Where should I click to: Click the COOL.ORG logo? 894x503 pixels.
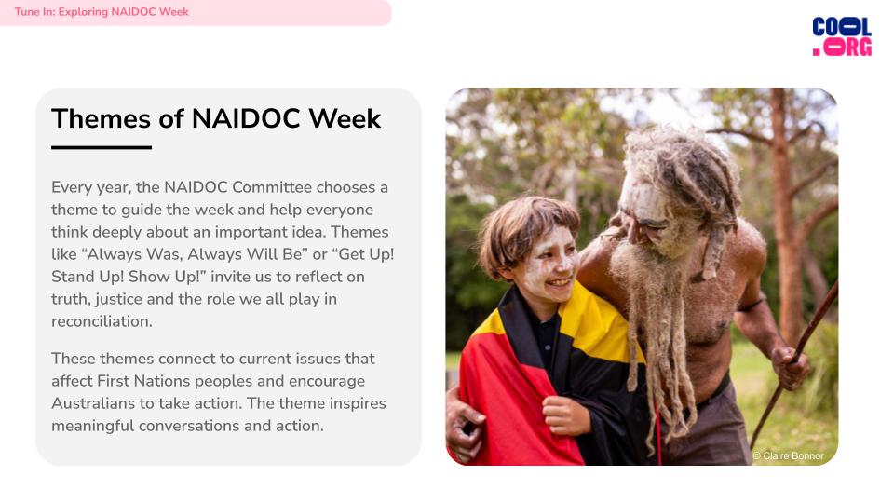pyautogui.click(x=842, y=36)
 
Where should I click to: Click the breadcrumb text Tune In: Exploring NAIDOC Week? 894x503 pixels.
pyautogui.click(x=102, y=12)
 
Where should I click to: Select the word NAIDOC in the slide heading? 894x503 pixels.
pyautogui.click(x=246, y=118)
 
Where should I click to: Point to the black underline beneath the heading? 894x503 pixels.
pyautogui.click(x=102, y=147)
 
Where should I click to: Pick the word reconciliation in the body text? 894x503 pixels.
pyautogui.click(x=102, y=321)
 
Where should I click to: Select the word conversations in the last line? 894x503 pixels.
pyautogui.click(x=189, y=426)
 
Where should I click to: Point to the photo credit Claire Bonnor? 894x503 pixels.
pyautogui.click(x=788, y=455)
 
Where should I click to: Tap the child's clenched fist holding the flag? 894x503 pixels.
pyautogui.click(x=564, y=415)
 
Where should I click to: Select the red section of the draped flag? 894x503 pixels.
pyautogui.click(x=513, y=400)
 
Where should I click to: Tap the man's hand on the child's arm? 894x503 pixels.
pyautogui.click(x=465, y=422)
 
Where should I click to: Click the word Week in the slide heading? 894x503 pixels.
pyautogui.click(x=345, y=118)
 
